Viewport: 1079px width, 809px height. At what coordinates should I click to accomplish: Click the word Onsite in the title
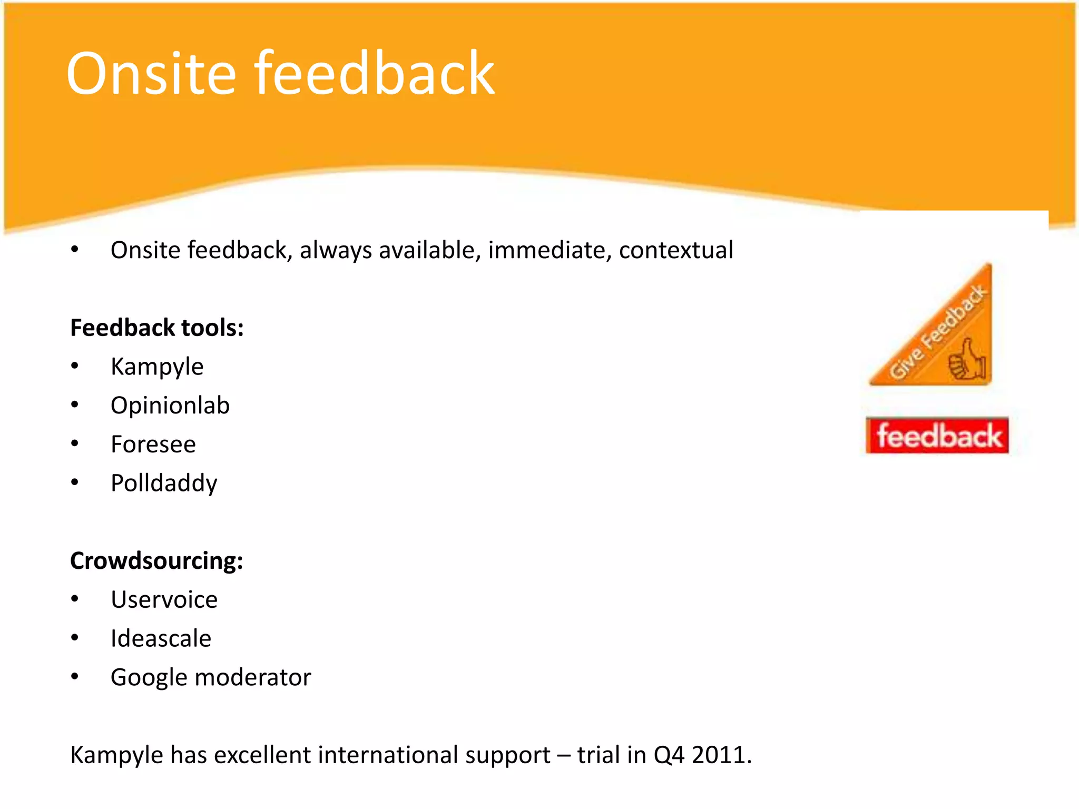151,74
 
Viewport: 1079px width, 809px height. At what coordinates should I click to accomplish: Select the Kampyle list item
157,367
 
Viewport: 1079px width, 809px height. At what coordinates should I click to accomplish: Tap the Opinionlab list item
170,406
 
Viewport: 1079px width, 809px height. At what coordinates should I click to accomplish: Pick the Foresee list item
153,445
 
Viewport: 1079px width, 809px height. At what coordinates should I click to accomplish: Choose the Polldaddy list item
164,484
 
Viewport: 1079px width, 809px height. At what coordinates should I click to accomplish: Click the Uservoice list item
164,600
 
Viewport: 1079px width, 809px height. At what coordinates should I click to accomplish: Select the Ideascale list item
161,639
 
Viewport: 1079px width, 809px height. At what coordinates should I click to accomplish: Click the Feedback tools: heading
157,328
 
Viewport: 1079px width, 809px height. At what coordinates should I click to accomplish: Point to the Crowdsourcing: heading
156,561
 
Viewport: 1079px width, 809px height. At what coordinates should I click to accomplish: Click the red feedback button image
937,436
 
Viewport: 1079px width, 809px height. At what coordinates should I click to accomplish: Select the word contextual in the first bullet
676,250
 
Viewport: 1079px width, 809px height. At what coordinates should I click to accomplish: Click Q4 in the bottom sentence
669,755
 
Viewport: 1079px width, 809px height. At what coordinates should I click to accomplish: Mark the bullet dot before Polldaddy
75,482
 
